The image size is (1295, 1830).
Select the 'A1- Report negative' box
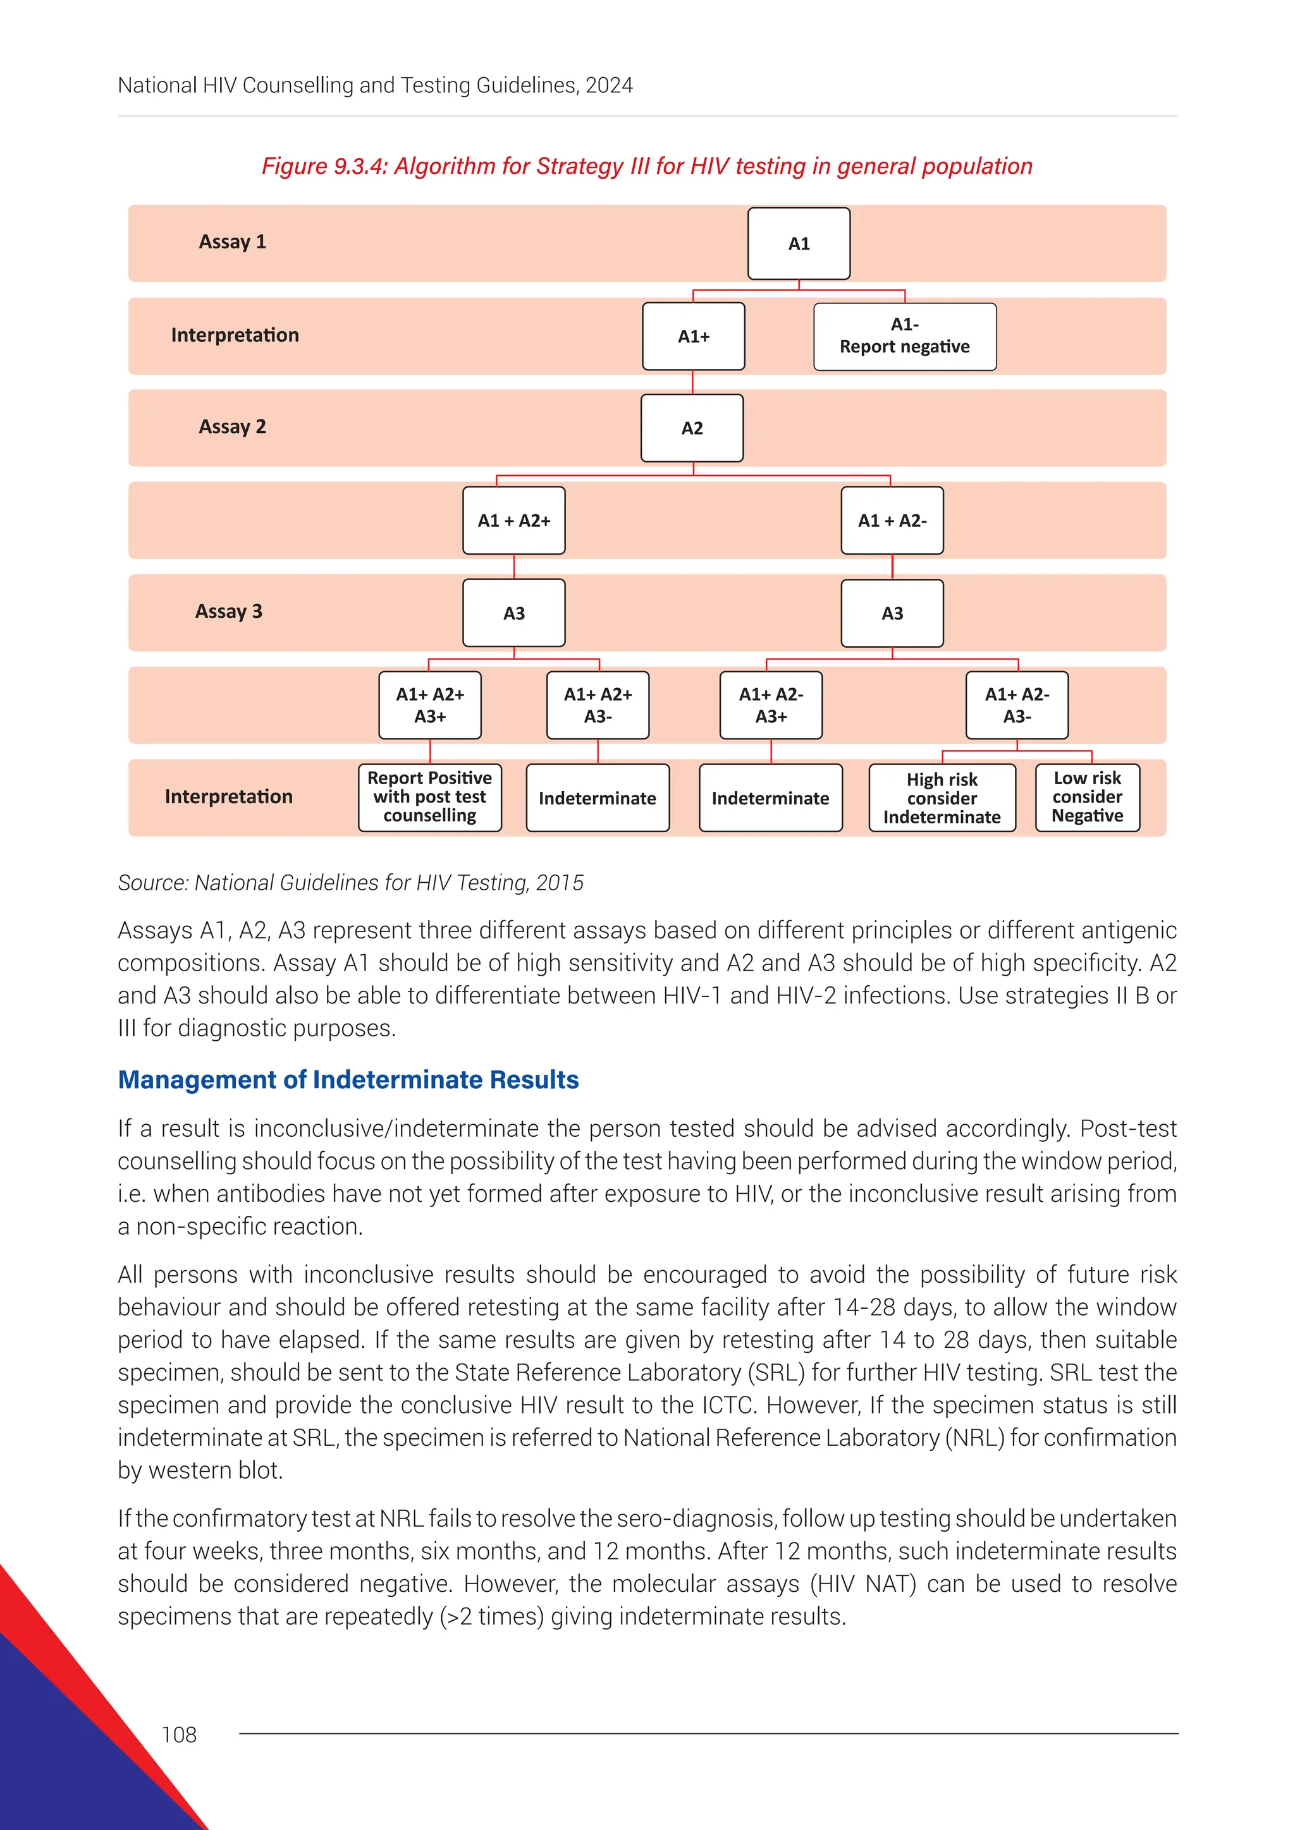click(x=904, y=336)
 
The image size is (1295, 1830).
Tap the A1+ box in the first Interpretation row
click(x=693, y=336)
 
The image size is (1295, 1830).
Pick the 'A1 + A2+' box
click(x=513, y=521)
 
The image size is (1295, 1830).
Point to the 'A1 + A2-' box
click(x=892, y=521)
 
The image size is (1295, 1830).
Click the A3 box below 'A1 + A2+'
click(x=513, y=613)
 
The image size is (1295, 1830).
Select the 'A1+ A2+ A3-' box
click(x=598, y=705)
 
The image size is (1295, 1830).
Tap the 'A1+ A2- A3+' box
click(x=770, y=705)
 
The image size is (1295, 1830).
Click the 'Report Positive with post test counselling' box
click(x=430, y=797)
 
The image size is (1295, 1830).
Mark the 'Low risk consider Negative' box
click(x=1087, y=797)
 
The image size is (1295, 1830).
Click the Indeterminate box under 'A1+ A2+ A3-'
click(x=598, y=798)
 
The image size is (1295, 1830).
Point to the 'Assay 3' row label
click(x=229, y=611)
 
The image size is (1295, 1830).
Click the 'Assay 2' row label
click(x=232, y=427)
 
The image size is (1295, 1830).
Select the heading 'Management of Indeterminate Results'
click(x=348, y=1079)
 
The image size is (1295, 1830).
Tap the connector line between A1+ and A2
click(x=692, y=382)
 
